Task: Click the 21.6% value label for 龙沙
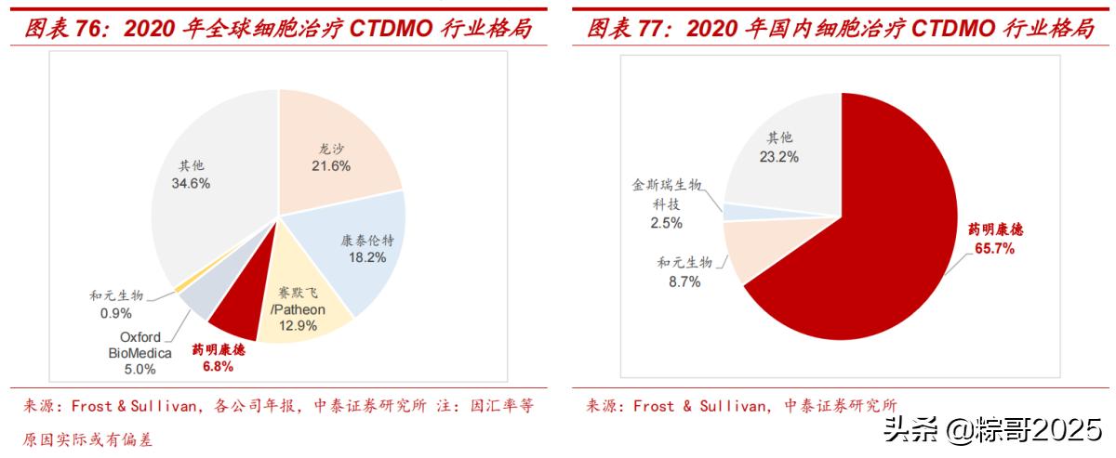tap(331, 166)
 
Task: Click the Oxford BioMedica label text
tap(139, 345)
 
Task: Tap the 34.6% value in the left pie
tap(191, 184)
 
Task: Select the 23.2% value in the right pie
tap(778, 157)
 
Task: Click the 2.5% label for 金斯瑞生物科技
tap(667, 223)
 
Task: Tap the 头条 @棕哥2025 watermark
tap(991, 429)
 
